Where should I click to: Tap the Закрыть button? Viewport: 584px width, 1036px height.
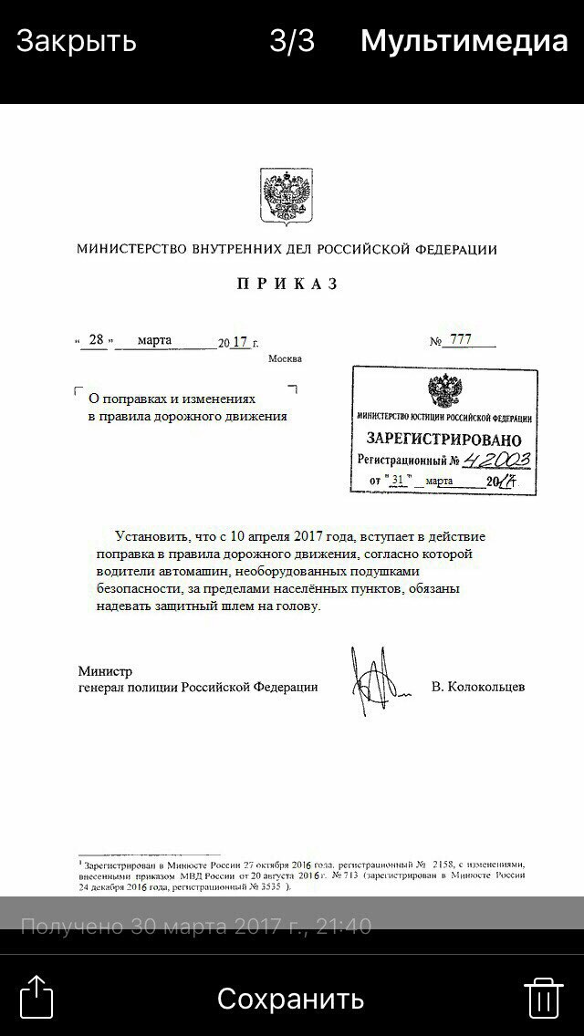(77, 41)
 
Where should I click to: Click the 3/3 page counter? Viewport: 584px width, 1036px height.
(292, 41)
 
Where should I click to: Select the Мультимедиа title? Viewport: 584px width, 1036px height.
(464, 41)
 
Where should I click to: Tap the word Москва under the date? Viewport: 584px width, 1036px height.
(285, 359)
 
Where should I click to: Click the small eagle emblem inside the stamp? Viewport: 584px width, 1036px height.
(443, 390)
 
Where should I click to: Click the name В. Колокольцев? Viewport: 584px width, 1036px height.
(478, 687)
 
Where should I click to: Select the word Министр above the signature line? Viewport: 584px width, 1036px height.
(105, 671)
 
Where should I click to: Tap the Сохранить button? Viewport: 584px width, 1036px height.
(290, 998)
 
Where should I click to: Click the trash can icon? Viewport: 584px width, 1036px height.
(542, 997)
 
